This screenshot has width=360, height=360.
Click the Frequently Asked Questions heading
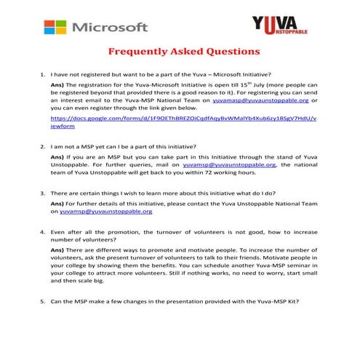(183, 52)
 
